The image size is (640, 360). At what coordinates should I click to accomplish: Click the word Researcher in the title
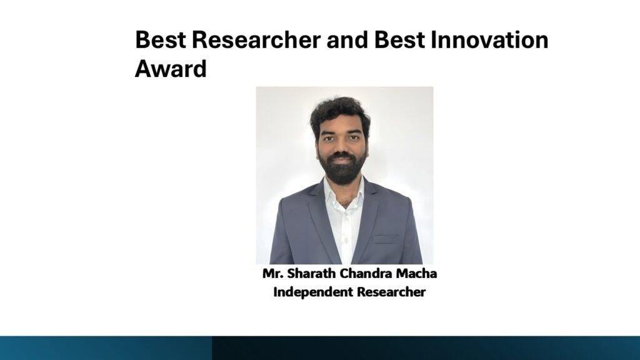coord(256,39)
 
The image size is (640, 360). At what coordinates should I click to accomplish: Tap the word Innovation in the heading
coord(489,39)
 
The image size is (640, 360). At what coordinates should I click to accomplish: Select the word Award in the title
coord(171,68)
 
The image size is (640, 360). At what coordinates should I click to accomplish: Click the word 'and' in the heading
coord(347,39)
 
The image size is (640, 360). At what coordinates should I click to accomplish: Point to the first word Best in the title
coord(161,39)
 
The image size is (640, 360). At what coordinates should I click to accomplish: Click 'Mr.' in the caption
coord(272,274)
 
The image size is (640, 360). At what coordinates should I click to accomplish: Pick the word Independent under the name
coord(313,292)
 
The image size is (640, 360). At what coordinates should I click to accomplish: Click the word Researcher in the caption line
coord(391,292)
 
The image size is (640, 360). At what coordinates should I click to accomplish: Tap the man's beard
coord(342,167)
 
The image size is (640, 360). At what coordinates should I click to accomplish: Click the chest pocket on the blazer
coord(385,239)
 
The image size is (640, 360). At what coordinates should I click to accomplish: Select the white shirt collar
coord(344,192)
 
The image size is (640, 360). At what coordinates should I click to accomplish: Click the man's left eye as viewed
coord(329,138)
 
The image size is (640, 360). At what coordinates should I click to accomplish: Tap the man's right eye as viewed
coord(354,137)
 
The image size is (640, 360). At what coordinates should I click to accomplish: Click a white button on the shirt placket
coord(346,240)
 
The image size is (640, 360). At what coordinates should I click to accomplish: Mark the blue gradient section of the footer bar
coord(106,348)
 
